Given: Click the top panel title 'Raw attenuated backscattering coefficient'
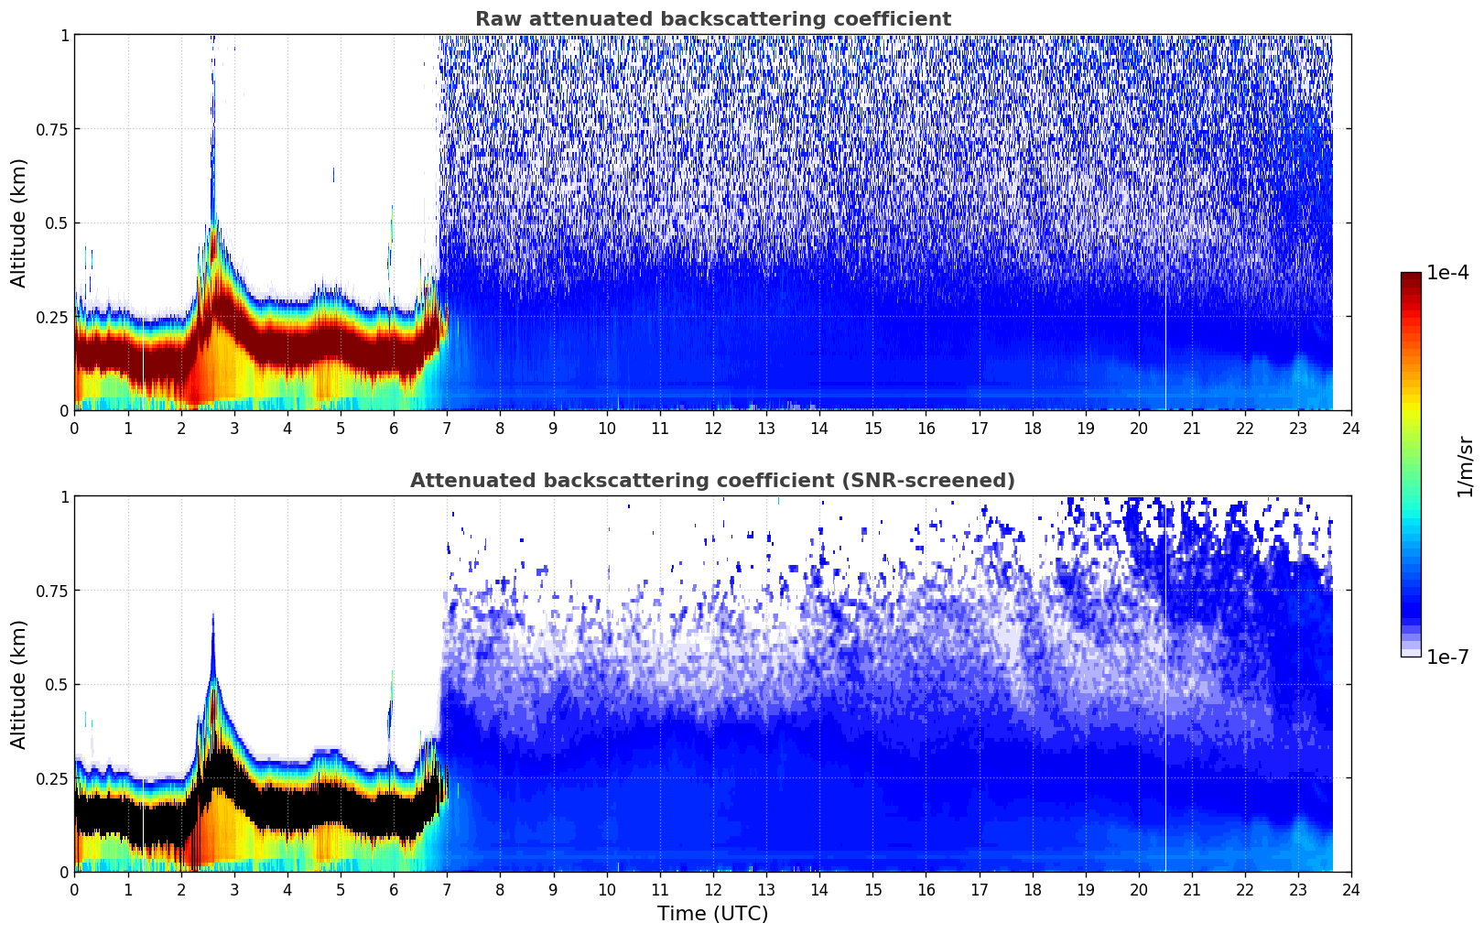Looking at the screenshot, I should point(712,19).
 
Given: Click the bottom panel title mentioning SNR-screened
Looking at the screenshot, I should point(712,481).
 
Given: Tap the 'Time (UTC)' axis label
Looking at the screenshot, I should point(712,914).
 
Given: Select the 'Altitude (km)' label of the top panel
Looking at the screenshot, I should point(19,223).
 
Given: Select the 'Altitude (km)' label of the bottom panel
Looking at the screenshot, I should point(19,684).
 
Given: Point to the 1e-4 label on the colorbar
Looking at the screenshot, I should point(1446,273).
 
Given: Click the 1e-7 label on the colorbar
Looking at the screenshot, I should point(1446,657).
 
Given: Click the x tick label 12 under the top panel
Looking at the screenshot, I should point(712,429).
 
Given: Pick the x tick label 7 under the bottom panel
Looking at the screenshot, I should point(447,890).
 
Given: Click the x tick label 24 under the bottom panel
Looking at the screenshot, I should point(1350,890).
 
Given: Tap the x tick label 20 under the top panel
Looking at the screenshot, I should point(1138,429).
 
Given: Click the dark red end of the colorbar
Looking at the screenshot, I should point(1410,277).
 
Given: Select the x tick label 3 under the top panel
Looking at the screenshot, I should point(234,429).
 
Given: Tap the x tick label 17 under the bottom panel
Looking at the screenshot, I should point(979,890).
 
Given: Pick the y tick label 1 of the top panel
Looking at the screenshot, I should point(64,35).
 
